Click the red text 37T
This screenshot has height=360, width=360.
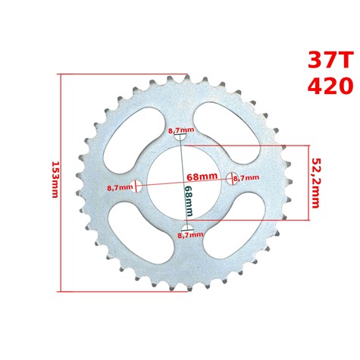tap(330, 61)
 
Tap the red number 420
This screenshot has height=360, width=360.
tap(330, 86)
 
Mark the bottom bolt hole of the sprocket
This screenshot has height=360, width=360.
tap(187, 228)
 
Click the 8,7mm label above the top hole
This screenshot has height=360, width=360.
tap(180, 130)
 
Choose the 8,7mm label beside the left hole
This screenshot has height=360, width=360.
tap(119, 187)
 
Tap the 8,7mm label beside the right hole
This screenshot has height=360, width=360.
tap(246, 178)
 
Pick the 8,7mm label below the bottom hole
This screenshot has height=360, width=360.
tap(189, 236)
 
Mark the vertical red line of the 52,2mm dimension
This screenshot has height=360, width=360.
tap(309, 182)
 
